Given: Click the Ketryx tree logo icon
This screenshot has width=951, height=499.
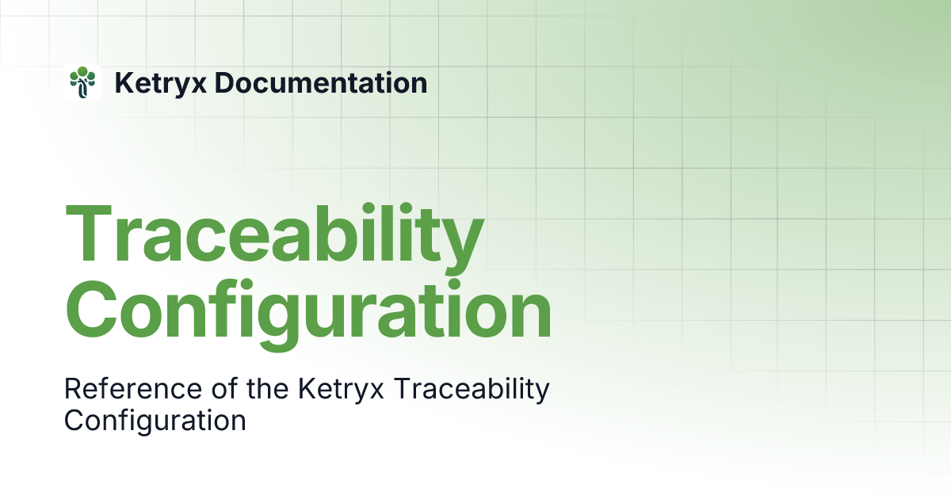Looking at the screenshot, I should pyautogui.click(x=82, y=82).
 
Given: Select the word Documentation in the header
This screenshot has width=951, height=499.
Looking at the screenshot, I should pyautogui.click(x=321, y=82).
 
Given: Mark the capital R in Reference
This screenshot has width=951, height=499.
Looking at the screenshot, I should pyautogui.click(x=73, y=389).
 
